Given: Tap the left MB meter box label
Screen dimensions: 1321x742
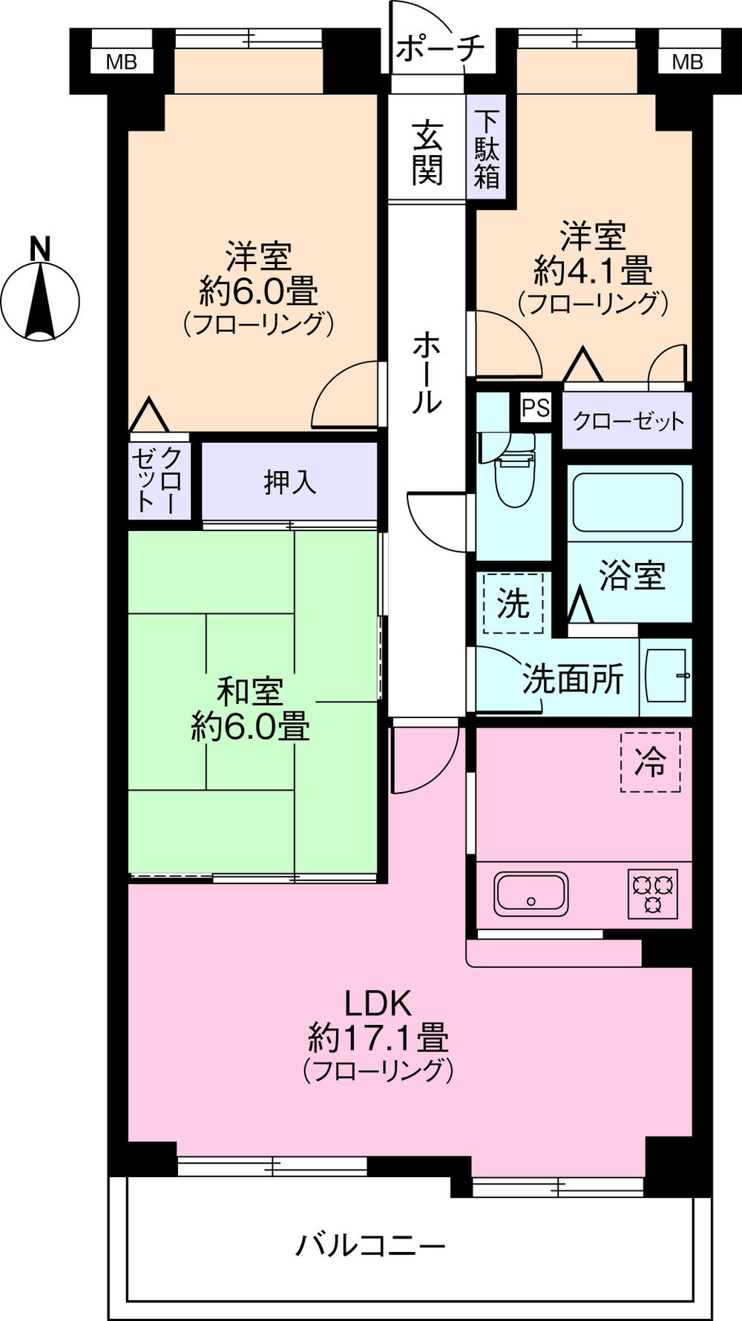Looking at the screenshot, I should [x=121, y=62].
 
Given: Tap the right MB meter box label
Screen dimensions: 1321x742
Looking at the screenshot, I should [x=687, y=62].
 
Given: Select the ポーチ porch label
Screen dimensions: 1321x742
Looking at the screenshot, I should [x=440, y=49].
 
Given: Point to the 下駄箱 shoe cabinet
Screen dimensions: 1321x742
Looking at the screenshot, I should [x=487, y=149].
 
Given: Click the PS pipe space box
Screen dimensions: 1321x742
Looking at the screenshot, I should [x=536, y=407].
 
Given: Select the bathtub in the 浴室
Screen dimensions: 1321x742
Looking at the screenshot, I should [x=627, y=502].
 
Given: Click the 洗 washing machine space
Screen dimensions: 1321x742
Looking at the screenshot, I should [x=513, y=602].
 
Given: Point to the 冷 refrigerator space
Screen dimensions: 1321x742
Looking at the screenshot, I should [x=650, y=761].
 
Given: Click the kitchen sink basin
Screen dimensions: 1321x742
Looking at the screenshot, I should [x=531, y=893].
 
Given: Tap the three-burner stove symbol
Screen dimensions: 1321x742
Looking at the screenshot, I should [x=653, y=893].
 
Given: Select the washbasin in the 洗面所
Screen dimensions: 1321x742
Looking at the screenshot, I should [x=666, y=676].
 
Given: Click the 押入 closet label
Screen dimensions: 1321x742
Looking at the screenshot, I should [x=290, y=482].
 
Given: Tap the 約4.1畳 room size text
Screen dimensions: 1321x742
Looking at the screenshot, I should [x=593, y=271].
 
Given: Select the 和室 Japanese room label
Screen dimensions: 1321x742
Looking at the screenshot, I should [x=250, y=692].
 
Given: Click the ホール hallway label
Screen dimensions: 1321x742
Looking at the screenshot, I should [x=427, y=372].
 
